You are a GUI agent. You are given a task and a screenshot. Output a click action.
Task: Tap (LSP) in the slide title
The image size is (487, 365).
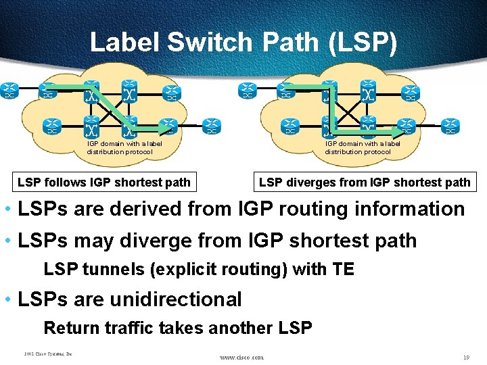coord(363,43)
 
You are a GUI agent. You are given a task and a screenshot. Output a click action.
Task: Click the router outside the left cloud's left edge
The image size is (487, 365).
coord(9,90)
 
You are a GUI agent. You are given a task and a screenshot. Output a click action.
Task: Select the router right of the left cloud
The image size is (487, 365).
coord(212,126)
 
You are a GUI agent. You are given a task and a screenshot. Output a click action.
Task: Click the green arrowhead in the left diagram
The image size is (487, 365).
coord(167,129)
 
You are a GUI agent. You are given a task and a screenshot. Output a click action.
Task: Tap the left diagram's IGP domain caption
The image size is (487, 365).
coord(124,147)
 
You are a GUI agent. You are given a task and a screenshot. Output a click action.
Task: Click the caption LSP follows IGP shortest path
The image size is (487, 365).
coord(104,182)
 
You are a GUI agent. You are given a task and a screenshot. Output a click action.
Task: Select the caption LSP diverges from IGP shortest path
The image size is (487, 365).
coord(365,182)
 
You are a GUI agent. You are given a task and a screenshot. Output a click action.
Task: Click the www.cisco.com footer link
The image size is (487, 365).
coord(242,357)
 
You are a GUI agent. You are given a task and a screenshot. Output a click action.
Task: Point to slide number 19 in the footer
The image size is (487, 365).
coord(466,357)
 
